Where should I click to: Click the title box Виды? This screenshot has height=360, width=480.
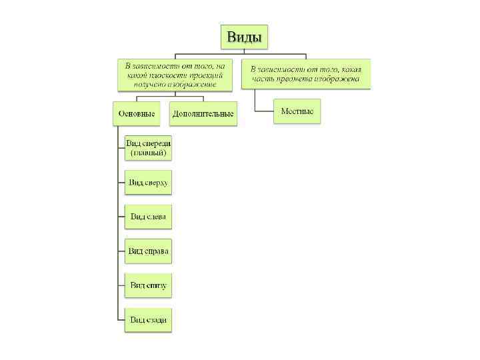click(x=244, y=36)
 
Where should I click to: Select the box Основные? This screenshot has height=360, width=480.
click(x=137, y=113)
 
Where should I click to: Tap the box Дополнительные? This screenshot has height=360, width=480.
click(x=203, y=113)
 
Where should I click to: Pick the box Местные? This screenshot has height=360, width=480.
click(x=297, y=111)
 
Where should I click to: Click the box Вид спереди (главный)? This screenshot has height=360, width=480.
click(x=149, y=148)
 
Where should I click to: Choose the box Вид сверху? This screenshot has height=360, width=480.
click(x=149, y=182)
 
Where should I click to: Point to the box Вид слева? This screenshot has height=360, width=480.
click(x=149, y=216)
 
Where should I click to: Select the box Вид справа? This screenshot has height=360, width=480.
click(x=149, y=251)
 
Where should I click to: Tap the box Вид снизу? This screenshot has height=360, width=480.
click(x=149, y=285)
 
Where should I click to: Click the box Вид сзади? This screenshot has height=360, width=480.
click(x=149, y=320)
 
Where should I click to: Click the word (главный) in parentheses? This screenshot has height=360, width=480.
click(x=149, y=153)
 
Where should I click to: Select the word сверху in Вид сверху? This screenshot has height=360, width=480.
click(x=156, y=182)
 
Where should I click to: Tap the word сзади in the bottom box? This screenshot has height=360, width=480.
click(x=155, y=320)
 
